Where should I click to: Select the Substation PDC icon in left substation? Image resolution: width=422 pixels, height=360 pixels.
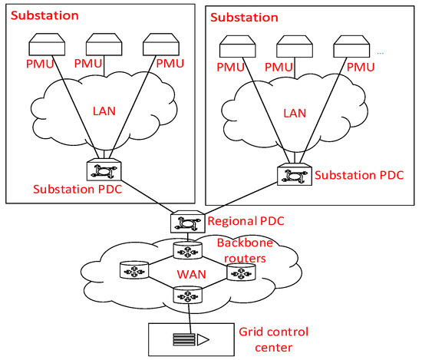click(x=100, y=170)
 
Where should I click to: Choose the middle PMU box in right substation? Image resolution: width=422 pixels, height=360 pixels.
click(x=294, y=46)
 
